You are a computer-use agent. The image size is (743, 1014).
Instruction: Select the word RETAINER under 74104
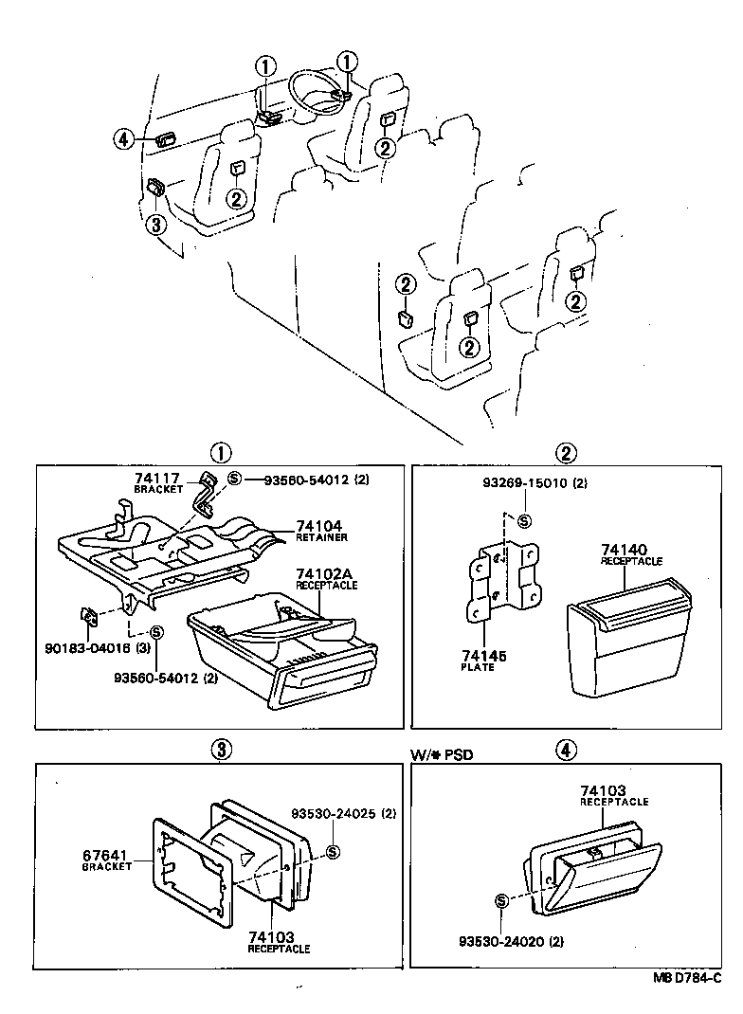pos(320,537)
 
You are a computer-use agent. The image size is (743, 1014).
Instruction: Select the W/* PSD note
pos(441,754)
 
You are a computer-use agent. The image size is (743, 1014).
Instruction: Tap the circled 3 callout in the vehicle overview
pos(156,224)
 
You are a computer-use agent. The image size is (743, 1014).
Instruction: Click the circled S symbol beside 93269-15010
pos(525,520)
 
